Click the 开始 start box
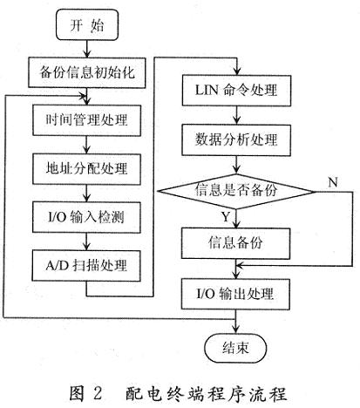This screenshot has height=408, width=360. coord(87,24)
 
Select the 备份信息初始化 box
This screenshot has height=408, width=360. coord(86,72)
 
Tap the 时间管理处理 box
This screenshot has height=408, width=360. coord(86,120)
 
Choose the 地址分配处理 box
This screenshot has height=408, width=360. coord(86,169)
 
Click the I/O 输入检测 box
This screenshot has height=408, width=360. coord(86,217)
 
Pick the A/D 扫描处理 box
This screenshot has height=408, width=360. coord(86,266)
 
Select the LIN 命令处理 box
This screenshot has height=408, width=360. coord(236,91)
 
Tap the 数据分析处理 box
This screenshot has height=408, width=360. coord(236,140)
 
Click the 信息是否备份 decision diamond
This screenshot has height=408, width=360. coord(236,192)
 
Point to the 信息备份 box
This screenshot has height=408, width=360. coord(236,243)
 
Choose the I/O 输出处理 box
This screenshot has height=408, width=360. coord(235,294)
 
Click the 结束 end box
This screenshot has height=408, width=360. coord(235,348)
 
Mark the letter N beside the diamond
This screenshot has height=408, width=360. coord(333,182)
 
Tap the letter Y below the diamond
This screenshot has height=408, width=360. coord(226,216)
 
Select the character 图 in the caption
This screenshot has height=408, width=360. coord(77,393)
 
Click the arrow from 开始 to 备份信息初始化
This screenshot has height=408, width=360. coord(87,49)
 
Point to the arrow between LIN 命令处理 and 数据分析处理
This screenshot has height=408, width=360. coord(237,115)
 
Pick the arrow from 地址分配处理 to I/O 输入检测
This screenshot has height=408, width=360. coord(86,194)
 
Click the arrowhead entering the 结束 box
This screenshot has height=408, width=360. coord(235,330)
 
